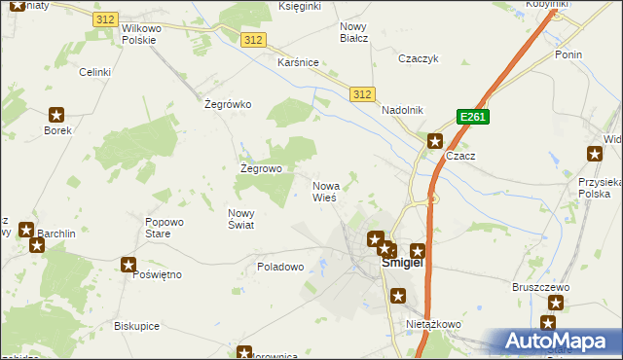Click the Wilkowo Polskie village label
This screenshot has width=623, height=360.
coord(143,35)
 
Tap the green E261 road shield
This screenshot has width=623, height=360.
coord(472,117)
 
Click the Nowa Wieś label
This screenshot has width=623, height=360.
coord(326,191)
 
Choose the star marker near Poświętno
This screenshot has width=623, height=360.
coord(128,264)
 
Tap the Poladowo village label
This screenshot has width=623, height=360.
coord(281,266)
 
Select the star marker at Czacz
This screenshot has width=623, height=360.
coord(435,140)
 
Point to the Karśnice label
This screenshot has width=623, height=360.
coord(299,62)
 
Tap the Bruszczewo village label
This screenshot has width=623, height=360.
coord(540,288)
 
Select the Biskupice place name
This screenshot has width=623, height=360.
coord(136,326)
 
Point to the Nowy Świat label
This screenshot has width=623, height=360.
coord(240,219)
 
